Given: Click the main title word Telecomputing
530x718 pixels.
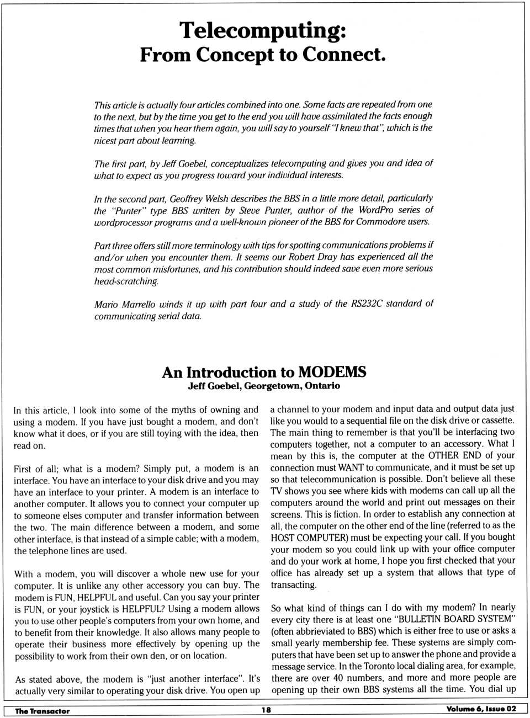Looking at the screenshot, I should tap(263, 30).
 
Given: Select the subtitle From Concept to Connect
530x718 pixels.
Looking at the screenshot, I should tap(263, 55).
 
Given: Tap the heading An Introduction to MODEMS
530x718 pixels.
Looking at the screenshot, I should tap(264, 373).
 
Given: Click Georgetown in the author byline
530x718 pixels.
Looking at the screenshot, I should tap(273, 386).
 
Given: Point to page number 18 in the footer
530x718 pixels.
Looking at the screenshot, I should tap(266, 710).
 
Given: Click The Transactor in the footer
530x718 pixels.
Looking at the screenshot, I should tap(42, 711).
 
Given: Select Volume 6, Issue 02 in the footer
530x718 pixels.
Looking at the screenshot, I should tap(481, 709).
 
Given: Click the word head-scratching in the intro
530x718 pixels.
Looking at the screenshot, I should tap(126, 281).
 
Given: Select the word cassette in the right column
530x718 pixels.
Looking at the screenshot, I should tap(495, 421).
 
